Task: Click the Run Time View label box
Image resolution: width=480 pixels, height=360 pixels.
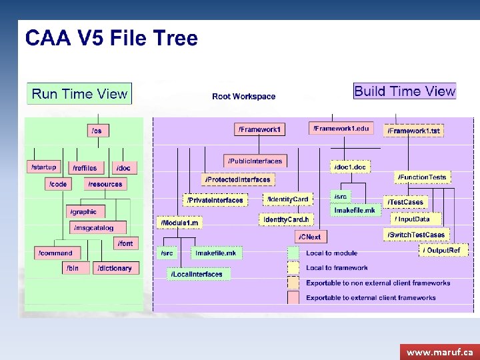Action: pyautogui.click(x=79, y=93)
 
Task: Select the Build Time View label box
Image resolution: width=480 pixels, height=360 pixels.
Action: pyautogui.click(x=405, y=91)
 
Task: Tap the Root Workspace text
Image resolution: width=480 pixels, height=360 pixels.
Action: pyautogui.click(x=243, y=97)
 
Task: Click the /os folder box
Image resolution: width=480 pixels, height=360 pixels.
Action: pyautogui.click(x=97, y=131)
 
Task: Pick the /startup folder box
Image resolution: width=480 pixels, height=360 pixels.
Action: pyautogui.click(x=44, y=167)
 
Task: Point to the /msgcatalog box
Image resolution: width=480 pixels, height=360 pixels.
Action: pyautogui.click(x=94, y=228)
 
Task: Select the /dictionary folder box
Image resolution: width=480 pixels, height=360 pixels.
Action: pyautogui.click(x=115, y=268)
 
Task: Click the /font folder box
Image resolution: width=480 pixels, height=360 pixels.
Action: pyautogui.click(x=125, y=243)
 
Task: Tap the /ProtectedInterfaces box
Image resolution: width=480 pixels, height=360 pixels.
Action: pyautogui.click(x=237, y=179)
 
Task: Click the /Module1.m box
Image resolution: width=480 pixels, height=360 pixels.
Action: pyautogui.click(x=179, y=222)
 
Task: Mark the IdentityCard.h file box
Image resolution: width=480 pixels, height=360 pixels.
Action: pyautogui.click(x=286, y=219)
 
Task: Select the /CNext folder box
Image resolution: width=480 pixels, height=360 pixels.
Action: pyautogui.click(x=310, y=237)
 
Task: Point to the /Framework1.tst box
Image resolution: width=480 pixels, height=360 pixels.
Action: pyautogui.click(x=414, y=131)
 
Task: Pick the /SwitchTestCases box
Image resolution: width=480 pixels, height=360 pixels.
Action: pyautogui.click(x=416, y=235)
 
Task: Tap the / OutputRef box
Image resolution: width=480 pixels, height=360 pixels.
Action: pyautogui.click(x=443, y=250)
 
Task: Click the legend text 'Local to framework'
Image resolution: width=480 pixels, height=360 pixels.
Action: pyautogui.click(x=337, y=268)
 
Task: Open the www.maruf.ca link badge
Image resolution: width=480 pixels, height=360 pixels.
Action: pyautogui.click(x=439, y=351)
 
